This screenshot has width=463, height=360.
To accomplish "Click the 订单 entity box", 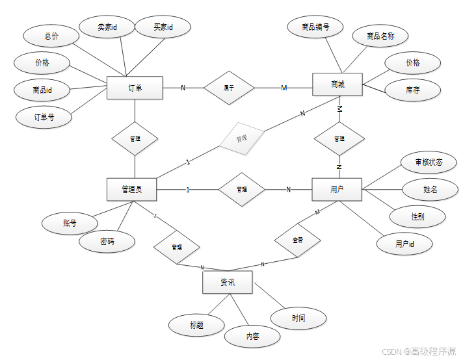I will point(135,88).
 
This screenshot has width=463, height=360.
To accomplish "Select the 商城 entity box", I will point(337,84).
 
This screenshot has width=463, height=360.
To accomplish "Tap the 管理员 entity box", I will point(133,189).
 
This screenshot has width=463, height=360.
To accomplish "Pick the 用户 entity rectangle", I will point(337,189).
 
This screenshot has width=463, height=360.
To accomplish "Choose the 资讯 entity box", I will point(227,283).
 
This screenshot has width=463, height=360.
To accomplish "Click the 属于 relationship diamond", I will point(228,88).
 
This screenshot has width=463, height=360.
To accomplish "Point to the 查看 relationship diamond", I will point(297,240).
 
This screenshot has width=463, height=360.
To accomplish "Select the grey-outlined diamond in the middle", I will point(242,138).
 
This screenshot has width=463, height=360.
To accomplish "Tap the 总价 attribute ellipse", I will point(51,36).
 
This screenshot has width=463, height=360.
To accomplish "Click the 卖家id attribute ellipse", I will point(106,27).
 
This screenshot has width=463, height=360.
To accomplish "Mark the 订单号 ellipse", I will point(44,118).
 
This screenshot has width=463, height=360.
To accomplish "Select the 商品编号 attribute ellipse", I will point(315,27).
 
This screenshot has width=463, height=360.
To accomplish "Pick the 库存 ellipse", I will point(412,90).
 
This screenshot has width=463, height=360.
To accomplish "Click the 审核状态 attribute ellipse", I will point(429,162).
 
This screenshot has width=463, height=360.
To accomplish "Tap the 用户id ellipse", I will point(404,244).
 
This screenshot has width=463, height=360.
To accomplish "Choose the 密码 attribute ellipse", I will point(107,241).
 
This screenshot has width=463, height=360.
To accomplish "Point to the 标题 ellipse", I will point(196,325).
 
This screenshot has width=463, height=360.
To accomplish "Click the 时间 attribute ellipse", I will point(298,318).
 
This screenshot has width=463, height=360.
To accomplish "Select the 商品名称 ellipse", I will point(380,36).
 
